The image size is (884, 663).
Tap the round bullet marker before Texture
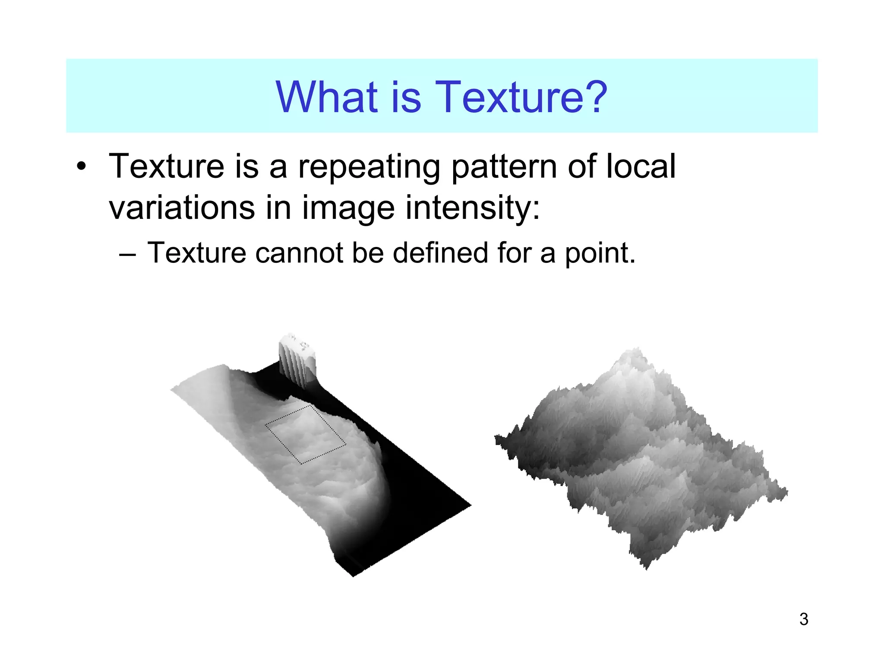pyautogui.click(x=82, y=167)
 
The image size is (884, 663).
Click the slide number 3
pyautogui.click(x=803, y=619)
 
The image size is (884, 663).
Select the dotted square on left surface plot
pyautogui.click(x=305, y=434)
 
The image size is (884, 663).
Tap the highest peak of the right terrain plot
pyautogui.click(x=635, y=350)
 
